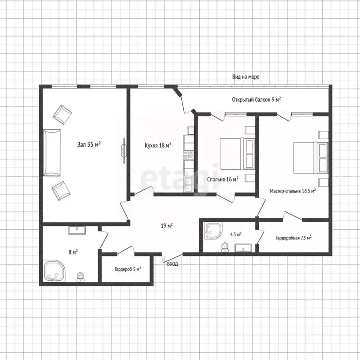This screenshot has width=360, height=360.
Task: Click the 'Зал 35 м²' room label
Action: [x=89, y=144]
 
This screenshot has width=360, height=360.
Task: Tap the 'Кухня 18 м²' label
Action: [x=157, y=145]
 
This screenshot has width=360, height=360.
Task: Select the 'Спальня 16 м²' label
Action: [x=223, y=179]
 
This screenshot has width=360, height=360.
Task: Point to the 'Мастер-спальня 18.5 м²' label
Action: [x=292, y=191]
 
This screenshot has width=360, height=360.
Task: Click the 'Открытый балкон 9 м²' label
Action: [x=256, y=99]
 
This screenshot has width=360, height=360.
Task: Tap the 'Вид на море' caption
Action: [x=246, y=77]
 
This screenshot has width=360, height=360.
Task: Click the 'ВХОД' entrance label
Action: [x=172, y=264]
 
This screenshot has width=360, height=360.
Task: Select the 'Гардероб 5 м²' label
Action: [x=127, y=269]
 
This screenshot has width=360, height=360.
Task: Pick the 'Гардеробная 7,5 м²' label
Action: [x=293, y=238]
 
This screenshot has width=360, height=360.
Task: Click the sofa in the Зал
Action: [x=52, y=153]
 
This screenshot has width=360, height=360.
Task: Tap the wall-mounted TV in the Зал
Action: [x=124, y=150]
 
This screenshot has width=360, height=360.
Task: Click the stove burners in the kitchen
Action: [x=188, y=155]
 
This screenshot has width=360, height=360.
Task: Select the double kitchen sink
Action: [x=188, y=185]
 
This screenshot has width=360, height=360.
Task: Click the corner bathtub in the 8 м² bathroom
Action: [x=55, y=271]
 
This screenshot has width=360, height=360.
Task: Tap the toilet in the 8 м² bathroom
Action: [x=80, y=277]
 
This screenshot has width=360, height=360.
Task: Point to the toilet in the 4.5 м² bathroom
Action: [x=225, y=247]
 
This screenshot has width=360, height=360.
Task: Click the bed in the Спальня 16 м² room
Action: [x=237, y=154]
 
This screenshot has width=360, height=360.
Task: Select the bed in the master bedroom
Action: [x=311, y=157]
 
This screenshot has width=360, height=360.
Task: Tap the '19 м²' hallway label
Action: [x=167, y=225]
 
